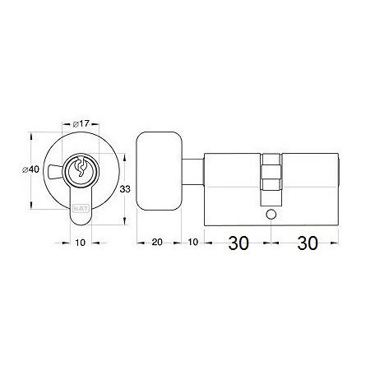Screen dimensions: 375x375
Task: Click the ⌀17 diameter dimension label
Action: [x=80, y=124]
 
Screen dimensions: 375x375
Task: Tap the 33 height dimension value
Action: [x=124, y=189]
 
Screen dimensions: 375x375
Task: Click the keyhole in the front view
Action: [x=81, y=169]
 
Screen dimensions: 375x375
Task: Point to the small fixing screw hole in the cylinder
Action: [x=271, y=215]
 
